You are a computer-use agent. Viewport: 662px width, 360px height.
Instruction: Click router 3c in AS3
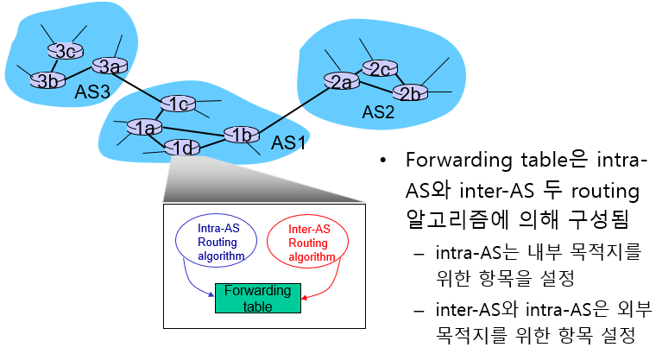[61, 51]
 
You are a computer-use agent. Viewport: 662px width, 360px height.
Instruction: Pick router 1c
[179, 104]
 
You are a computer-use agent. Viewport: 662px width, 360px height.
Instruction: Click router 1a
[143, 129]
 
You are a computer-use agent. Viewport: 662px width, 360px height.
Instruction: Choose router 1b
[242, 134]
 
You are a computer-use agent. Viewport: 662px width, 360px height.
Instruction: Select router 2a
[341, 81]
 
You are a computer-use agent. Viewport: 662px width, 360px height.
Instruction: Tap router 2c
[378, 68]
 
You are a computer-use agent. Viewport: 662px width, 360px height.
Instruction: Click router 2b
[409, 91]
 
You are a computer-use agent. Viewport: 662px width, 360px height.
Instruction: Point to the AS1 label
[289, 142]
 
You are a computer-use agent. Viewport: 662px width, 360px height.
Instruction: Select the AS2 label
[378, 112]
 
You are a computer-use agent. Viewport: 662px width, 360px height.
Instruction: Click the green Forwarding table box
[258, 298]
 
